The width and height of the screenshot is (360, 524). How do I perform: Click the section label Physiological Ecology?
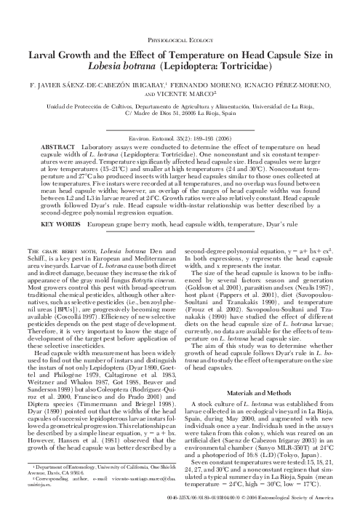180,22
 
